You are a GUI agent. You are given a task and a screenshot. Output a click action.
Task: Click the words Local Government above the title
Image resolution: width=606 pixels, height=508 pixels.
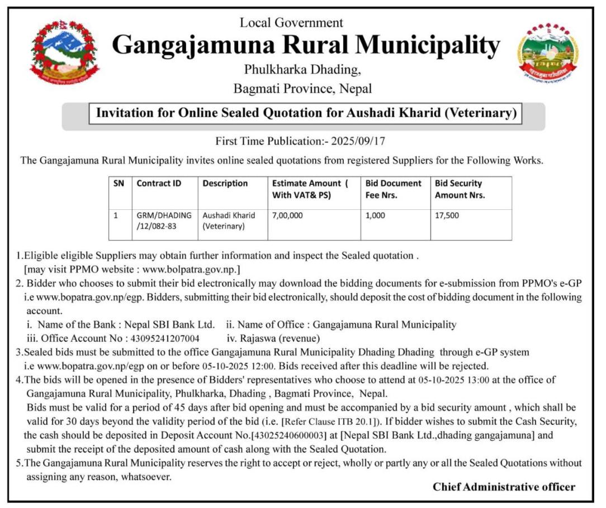[x=291, y=23]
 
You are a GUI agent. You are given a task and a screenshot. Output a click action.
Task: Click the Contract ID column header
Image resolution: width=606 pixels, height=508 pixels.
[x=159, y=183]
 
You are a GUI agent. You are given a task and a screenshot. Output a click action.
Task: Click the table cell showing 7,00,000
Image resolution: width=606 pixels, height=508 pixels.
[x=287, y=215]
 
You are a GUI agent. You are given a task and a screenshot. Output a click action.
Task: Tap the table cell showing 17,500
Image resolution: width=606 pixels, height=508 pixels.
[x=447, y=215]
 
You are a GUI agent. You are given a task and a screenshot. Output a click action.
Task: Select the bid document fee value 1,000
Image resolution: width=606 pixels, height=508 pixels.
[x=375, y=215]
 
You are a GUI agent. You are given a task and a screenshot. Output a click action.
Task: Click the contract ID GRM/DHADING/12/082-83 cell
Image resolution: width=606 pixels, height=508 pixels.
[x=164, y=221]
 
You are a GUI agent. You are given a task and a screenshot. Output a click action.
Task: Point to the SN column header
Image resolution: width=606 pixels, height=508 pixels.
[x=119, y=183]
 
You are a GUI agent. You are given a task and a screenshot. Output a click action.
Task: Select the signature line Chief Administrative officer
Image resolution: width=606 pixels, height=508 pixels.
[x=504, y=487]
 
